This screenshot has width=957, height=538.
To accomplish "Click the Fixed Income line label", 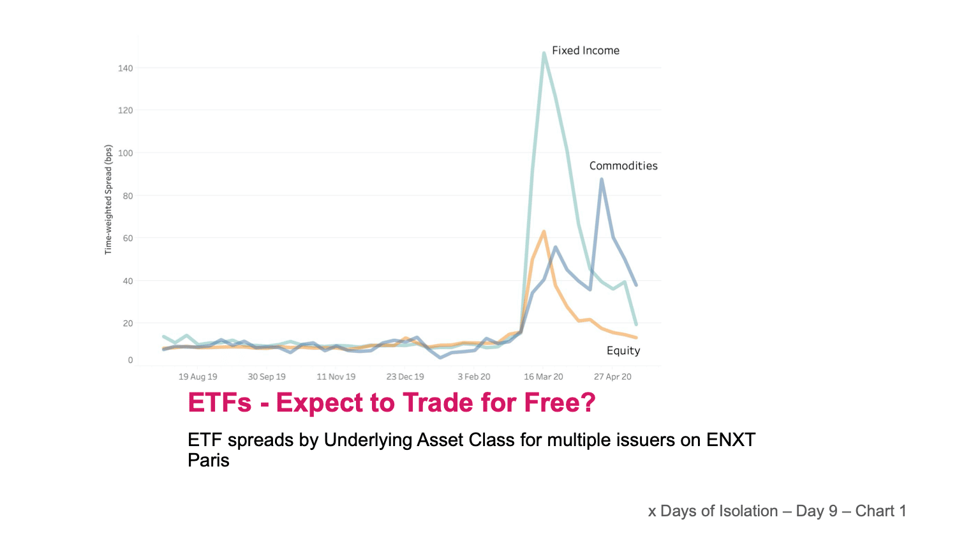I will (x=585, y=50).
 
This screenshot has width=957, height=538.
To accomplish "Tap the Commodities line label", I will (x=623, y=166).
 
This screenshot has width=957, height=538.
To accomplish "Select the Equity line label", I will (x=623, y=350).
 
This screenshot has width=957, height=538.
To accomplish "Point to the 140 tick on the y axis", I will (x=126, y=68).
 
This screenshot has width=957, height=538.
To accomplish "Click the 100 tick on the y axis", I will (x=126, y=153).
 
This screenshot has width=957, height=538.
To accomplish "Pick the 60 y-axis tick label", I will (x=128, y=238).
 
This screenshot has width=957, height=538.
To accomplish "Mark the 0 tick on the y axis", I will (x=130, y=360).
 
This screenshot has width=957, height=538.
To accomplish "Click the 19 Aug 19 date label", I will (x=198, y=377).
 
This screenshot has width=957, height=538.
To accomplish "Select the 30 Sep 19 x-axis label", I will (x=267, y=377).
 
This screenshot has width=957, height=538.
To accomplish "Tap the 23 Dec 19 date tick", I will (x=405, y=377).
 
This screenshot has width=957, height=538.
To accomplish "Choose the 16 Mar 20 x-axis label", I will (x=544, y=377).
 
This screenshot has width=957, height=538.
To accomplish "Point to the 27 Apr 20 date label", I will (x=612, y=377).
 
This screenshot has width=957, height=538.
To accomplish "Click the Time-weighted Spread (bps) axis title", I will (x=108, y=200).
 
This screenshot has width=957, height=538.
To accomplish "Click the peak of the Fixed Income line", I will (x=544, y=53).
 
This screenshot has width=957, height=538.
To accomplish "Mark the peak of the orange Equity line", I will (x=544, y=232).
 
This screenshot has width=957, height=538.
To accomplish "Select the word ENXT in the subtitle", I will (x=731, y=440).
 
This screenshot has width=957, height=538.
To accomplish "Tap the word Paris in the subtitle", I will (x=208, y=460).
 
